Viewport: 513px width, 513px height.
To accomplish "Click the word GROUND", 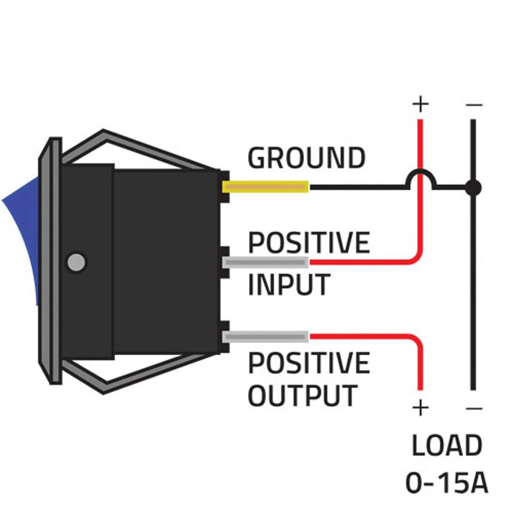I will pos(306,158).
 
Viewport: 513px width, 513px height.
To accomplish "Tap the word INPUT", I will pos(289,284).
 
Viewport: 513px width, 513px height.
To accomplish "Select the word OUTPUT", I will pos(303,396).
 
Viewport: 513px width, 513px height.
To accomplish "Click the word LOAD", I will pos(447,445).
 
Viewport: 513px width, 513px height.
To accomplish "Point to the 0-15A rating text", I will pos(447,482).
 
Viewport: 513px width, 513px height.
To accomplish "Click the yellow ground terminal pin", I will pos(266,187).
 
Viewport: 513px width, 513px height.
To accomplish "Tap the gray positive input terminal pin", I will pos(266,262).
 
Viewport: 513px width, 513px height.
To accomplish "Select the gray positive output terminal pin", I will pos(266,337).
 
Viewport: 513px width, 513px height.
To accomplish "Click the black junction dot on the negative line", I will pos(472,188).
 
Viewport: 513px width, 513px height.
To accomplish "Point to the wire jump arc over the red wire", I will pos(420,176).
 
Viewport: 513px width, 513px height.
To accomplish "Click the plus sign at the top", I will pos(420,105).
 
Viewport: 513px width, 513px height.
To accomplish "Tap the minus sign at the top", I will pos(474,105).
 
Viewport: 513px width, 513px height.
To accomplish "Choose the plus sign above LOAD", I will pos(420,408).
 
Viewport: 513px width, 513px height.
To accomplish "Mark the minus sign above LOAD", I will pos(474,408).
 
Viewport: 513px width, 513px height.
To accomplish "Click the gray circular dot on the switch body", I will pos(76,262).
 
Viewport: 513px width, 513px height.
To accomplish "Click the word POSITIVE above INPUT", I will pos(309,242).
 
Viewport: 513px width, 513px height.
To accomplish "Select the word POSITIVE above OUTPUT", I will pos(309,362).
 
